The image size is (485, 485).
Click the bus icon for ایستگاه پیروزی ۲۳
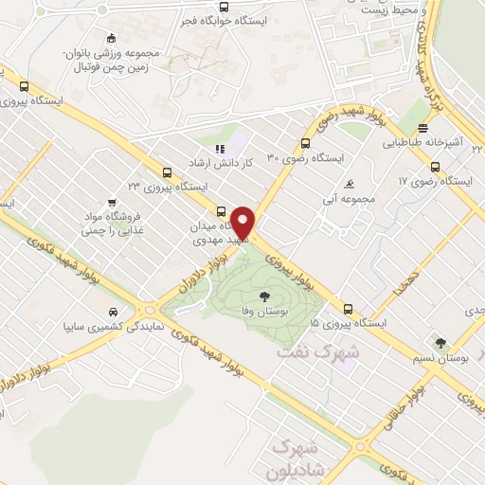[x=167, y=171]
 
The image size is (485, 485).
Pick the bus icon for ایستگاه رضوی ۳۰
[x=303, y=144]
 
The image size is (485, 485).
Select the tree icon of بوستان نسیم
[x=439, y=343]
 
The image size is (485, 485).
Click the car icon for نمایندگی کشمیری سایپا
[x=114, y=312]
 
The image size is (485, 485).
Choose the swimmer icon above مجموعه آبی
[x=351, y=184]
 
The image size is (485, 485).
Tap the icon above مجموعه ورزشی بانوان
[x=112, y=39]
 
